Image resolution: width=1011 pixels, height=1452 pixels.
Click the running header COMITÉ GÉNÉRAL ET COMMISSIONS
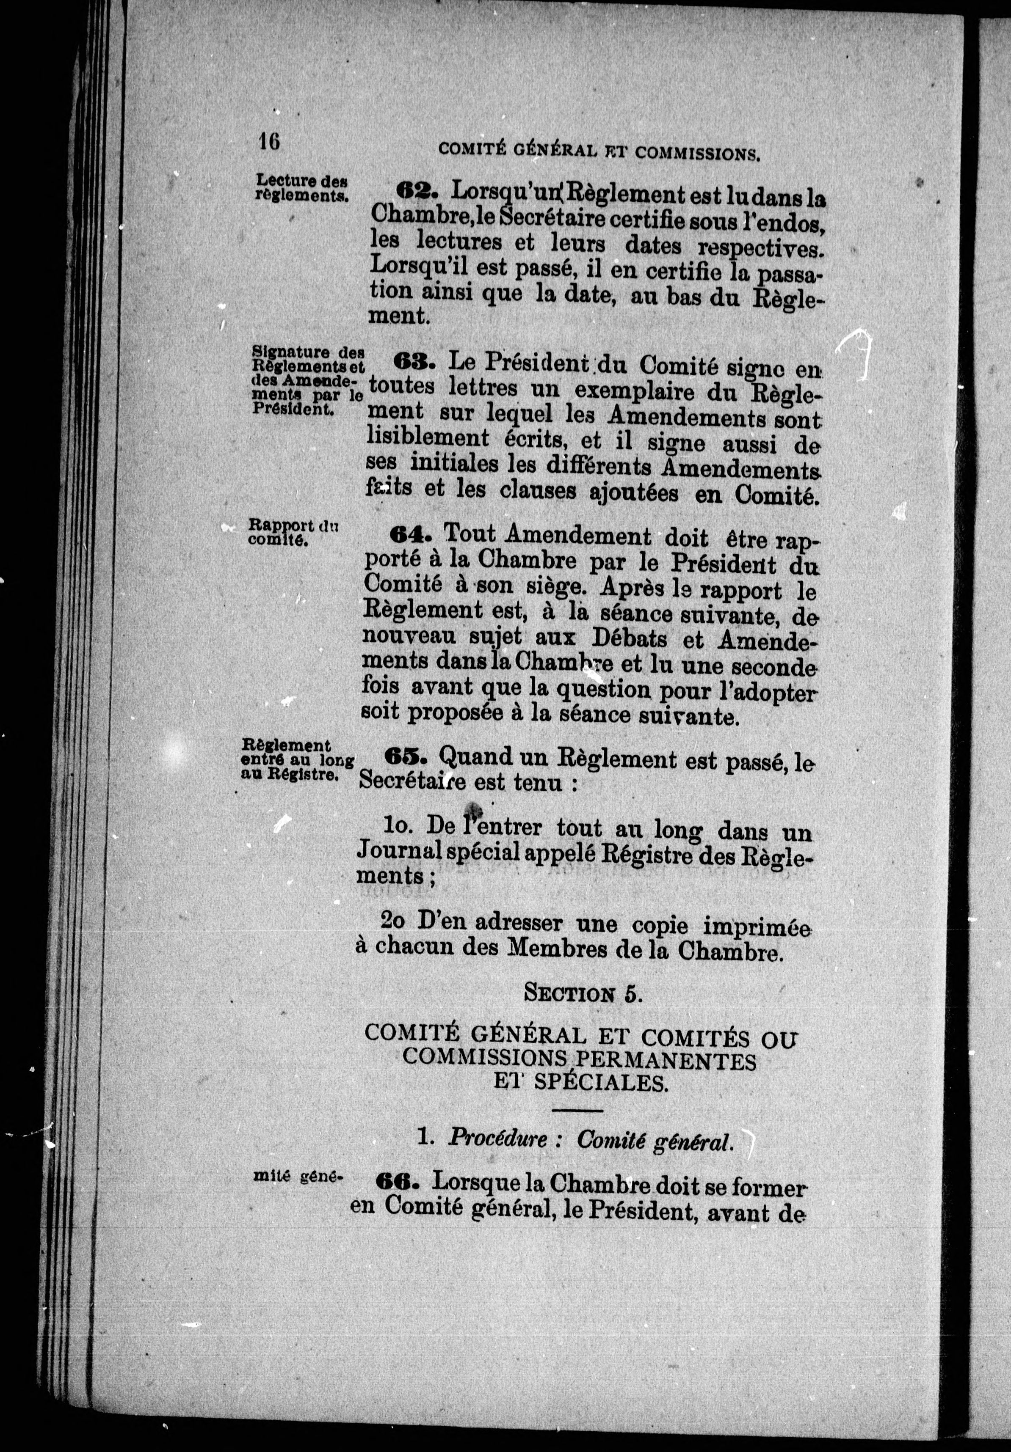coord(598,151)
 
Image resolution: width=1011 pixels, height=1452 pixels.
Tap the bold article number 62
coord(416,189)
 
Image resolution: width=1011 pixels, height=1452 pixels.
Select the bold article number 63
coord(414,362)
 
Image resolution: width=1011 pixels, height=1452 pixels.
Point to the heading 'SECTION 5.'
coord(583,993)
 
